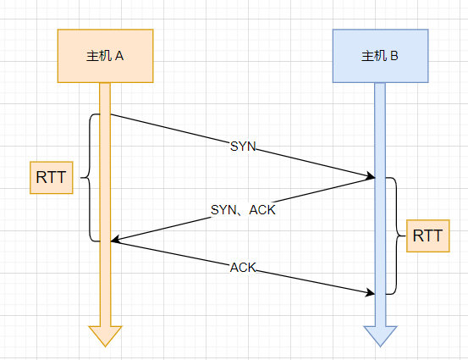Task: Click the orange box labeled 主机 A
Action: [x=105, y=56]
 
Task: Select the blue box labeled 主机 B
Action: [x=381, y=56]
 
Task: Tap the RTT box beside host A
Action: [x=52, y=178]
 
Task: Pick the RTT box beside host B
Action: [x=428, y=235]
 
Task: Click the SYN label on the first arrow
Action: [x=243, y=147]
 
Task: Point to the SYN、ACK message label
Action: [x=243, y=210]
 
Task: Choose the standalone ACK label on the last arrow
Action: [x=243, y=268]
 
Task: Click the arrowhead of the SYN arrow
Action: [x=371, y=176]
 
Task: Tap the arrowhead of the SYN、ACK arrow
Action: [x=115, y=239]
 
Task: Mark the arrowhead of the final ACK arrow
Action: [x=371, y=292]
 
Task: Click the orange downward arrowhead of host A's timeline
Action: [x=105, y=336]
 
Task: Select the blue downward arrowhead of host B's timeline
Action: [x=380, y=336]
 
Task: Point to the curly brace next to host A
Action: [x=89, y=178]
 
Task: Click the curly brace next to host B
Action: [x=396, y=235]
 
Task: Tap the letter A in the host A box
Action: [x=119, y=56]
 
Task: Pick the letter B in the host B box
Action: [x=394, y=56]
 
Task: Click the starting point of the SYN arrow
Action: [x=111, y=114]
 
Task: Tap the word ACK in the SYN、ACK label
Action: [x=262, y=210]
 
